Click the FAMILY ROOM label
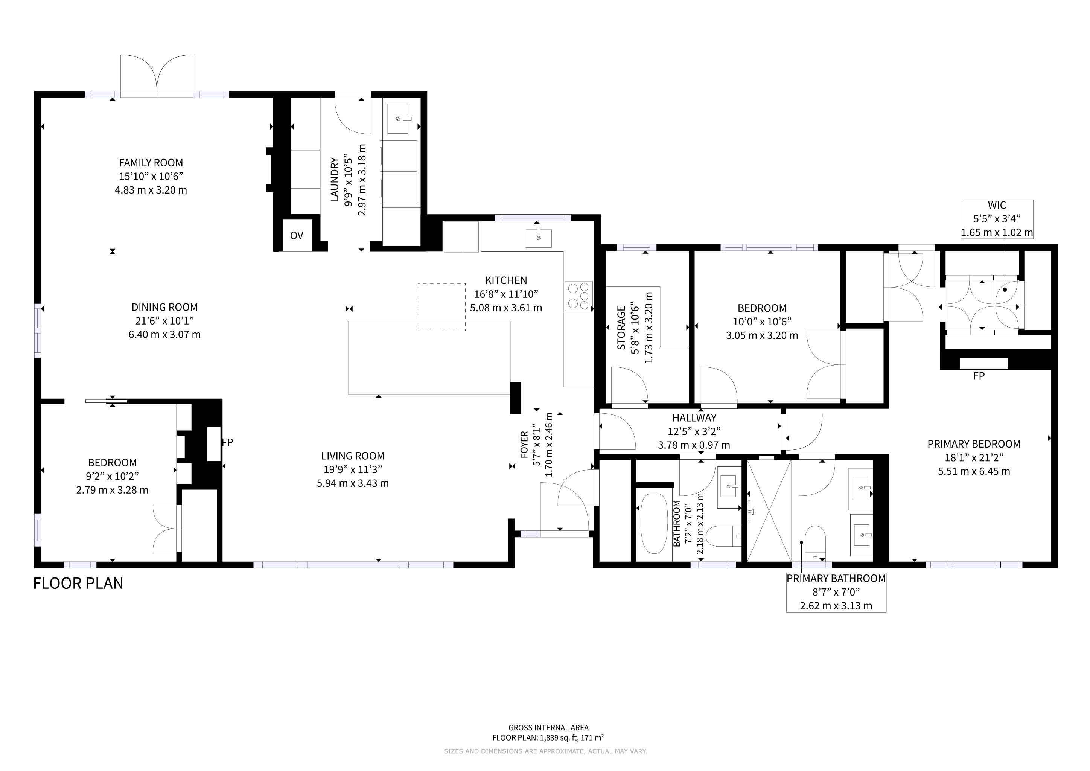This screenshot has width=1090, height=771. coord(151,163)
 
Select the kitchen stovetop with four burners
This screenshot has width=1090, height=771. coord(579,296)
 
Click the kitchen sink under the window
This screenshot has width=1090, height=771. coord(539,238)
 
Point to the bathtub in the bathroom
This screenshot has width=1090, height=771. coord(654,524)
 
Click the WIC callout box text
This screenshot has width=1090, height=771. coord(997,219)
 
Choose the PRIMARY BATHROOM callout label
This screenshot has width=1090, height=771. coord(836,578)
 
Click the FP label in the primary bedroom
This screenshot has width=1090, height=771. coord(979,376)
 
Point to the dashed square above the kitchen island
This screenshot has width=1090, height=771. coord(441,307)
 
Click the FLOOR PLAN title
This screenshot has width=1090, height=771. coord(78,583)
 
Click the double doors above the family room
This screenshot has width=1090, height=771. coord(157,76)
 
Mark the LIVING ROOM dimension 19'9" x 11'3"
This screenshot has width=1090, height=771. coord(353,469)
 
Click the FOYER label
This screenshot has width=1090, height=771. coord(524,444)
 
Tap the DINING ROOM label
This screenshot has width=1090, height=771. coord(165,307)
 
